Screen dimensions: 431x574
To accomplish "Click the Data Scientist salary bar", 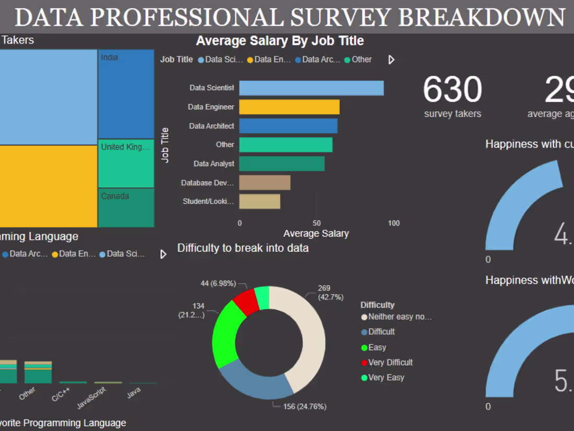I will click(311, 88).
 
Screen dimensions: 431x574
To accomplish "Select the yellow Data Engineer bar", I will click(289, 107).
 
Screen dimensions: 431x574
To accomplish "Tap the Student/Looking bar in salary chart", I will click(259, 201).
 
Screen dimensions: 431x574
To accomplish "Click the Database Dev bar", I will click(265, 182).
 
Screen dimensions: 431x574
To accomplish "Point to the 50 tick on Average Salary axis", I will click(316, 223).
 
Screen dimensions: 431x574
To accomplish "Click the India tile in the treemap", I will click(126, 94).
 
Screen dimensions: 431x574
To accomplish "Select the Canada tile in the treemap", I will click(126, 207).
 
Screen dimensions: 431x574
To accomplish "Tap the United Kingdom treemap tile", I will click(126, 163).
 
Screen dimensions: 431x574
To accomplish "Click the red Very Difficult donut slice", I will click(246, 301).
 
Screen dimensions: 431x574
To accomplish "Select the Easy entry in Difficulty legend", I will click(377, 347).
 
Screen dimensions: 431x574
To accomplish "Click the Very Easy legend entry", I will click(386, 377).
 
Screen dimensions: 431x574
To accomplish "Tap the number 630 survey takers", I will click(452, 90).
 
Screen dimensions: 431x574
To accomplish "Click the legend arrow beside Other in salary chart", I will click(391, 60).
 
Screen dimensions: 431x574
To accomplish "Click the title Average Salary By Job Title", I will click(280, 41).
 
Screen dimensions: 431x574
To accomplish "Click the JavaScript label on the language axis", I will click(91, 398).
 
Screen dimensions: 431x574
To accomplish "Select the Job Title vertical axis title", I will click(165, 145).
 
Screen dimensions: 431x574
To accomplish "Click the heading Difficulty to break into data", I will click(243, 248).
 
